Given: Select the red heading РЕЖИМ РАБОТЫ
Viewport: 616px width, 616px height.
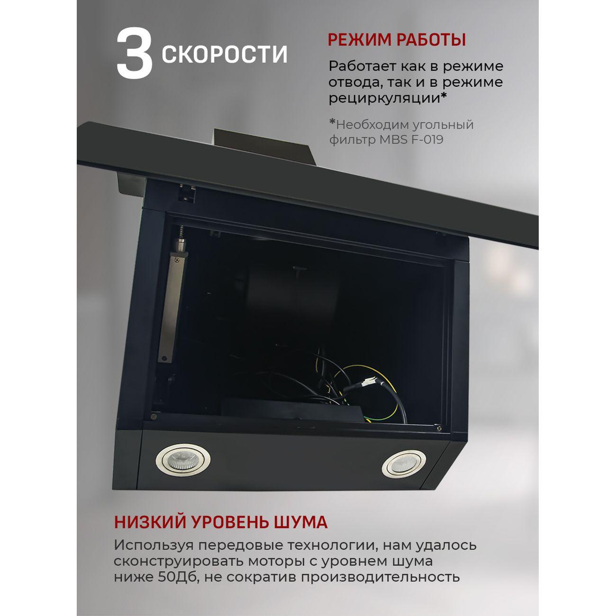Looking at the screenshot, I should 397,40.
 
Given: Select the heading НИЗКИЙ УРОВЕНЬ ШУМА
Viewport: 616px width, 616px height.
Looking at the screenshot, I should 220,522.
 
